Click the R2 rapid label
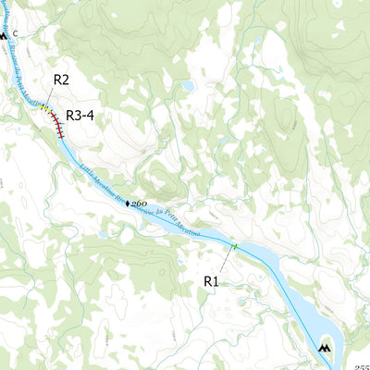click(x=61, y=80)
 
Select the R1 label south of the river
click(x=211, y=280)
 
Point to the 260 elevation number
click(x=140, y=203)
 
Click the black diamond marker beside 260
click(x=129, y=202)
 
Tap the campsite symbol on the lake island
click(x=324, y=349)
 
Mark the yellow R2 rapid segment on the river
click(x=45, y=107)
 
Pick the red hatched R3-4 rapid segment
click(x=57, y=124)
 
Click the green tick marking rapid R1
click(x=236, y=247)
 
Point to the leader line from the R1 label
click(x=226, y=262)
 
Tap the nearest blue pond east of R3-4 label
click(x=189, y=86)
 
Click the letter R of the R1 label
click(x=207, y=280)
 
